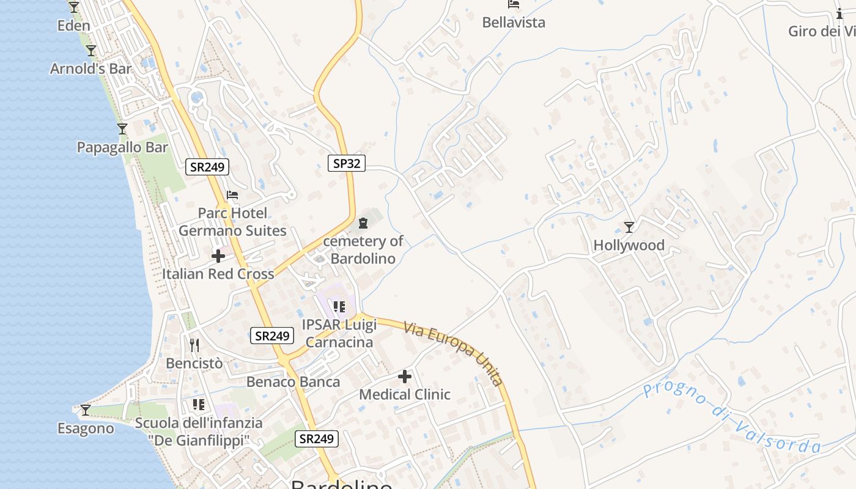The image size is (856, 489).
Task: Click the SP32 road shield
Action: (347, 163)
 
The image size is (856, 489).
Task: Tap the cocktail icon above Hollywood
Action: (629, 227)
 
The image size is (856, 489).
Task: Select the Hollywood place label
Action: (629, 246)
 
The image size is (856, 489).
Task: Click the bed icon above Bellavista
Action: (514, 4)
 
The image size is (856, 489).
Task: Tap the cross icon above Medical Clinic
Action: (405, 377)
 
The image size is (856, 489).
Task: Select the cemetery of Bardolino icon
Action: (363, 223)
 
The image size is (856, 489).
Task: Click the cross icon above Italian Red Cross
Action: (218, 256)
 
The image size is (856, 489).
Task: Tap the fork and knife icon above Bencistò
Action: (194, 345)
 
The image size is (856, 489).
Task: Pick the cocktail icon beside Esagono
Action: (86, 410)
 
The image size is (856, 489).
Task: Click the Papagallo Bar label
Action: (122, 147)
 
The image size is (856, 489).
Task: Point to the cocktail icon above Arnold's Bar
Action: (91, 51)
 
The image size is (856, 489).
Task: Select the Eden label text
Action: (73, 26)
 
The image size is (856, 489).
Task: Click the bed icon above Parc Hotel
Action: (232, 196)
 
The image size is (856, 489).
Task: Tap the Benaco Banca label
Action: (293, 382)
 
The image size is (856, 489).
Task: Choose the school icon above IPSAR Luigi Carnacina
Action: (339, 307)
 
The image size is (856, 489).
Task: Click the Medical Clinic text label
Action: (405, 395)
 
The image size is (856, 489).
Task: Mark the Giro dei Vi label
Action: (822, 31)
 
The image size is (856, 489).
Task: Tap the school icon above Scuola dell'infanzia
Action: (198, 405)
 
